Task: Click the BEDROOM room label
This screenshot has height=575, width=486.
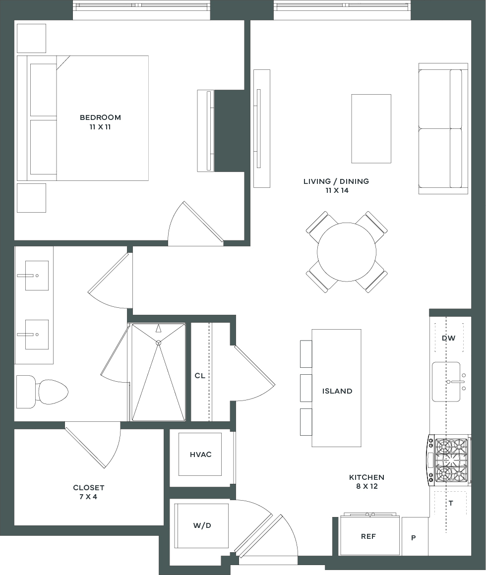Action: point(100,117)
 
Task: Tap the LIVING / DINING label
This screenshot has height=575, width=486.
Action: point(336,181)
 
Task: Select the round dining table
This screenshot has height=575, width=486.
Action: point(347,252)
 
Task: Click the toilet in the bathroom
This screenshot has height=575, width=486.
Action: point(42,392)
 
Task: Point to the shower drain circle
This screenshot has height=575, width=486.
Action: point(159,343)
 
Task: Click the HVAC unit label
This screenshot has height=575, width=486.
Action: point(201,455)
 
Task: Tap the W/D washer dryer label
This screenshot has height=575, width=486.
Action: point(202,526)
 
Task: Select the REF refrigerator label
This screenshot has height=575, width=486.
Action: point(368,536)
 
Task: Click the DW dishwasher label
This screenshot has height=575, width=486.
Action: point(449,338)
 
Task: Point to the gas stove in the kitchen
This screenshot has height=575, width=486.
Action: point(449,460)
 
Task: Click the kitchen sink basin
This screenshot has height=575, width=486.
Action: point(446,382)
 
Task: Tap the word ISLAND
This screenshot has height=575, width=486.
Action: point(337,391)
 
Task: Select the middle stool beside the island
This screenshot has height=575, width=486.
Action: point(306,388)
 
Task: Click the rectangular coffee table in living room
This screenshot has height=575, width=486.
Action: point(371,129)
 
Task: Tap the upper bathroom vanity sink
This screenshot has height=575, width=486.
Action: point(37,276)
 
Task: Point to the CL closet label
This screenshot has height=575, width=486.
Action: point(200,376)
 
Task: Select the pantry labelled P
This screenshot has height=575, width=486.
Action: point(415,536)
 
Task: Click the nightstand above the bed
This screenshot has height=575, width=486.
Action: point(32,38)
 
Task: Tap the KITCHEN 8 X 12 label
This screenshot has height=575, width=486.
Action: point(367,482)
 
